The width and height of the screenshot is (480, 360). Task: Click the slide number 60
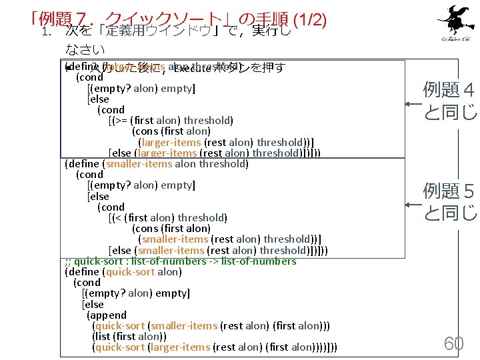click(454, 343)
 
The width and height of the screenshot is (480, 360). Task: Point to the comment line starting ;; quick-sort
click(180, 261)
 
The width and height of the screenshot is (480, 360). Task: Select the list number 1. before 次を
click(46, 31)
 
